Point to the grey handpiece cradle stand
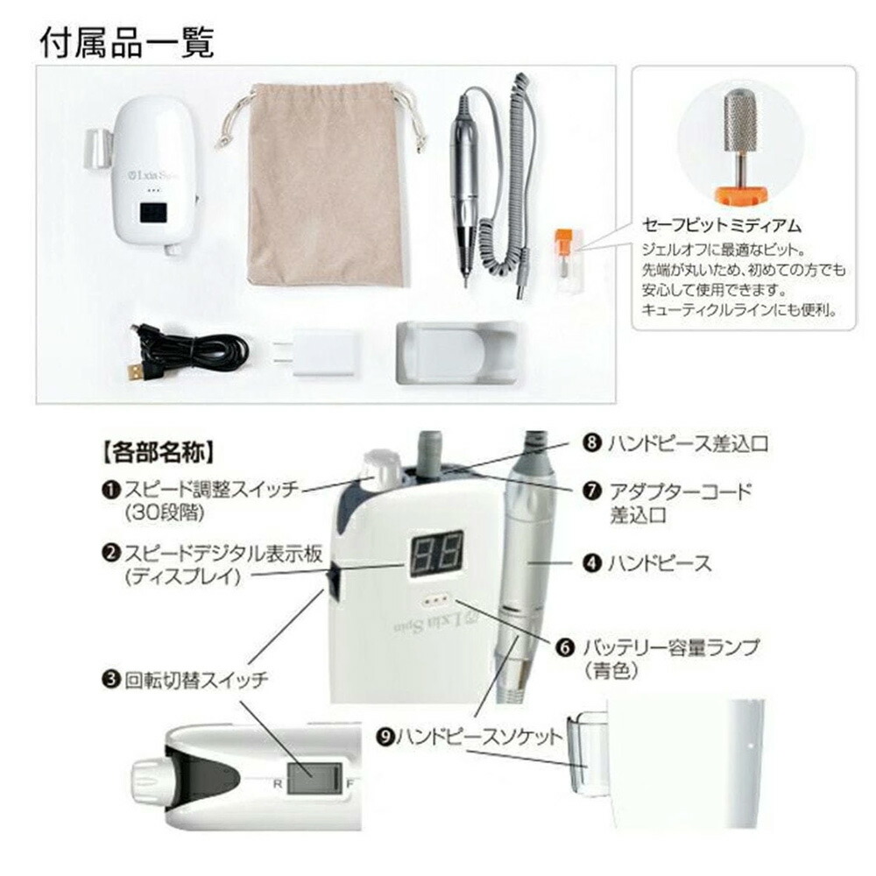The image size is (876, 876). pyautogui.click(x=456, y=352)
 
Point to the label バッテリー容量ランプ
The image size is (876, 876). pyautogui.click(x=668, y=649)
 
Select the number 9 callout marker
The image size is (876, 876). pyautogui.click(x=386, y=738)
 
